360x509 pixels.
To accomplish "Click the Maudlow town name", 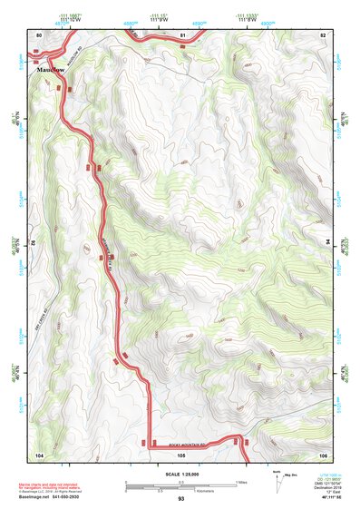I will tap(52, 69).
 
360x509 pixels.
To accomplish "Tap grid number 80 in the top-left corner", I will tap(39, 34).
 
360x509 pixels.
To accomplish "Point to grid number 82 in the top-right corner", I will tap(324, 34).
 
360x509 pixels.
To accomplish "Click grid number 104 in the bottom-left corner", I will tap(39, 454).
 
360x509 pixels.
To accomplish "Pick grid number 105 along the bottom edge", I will tap(181, 454).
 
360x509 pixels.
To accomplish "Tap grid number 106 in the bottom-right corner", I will tap(324, 454).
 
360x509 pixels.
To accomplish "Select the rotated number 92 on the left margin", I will tap(34, 243).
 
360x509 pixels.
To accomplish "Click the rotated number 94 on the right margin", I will tap(329, 243).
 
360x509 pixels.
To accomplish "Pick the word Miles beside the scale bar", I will tap(242, 482).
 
